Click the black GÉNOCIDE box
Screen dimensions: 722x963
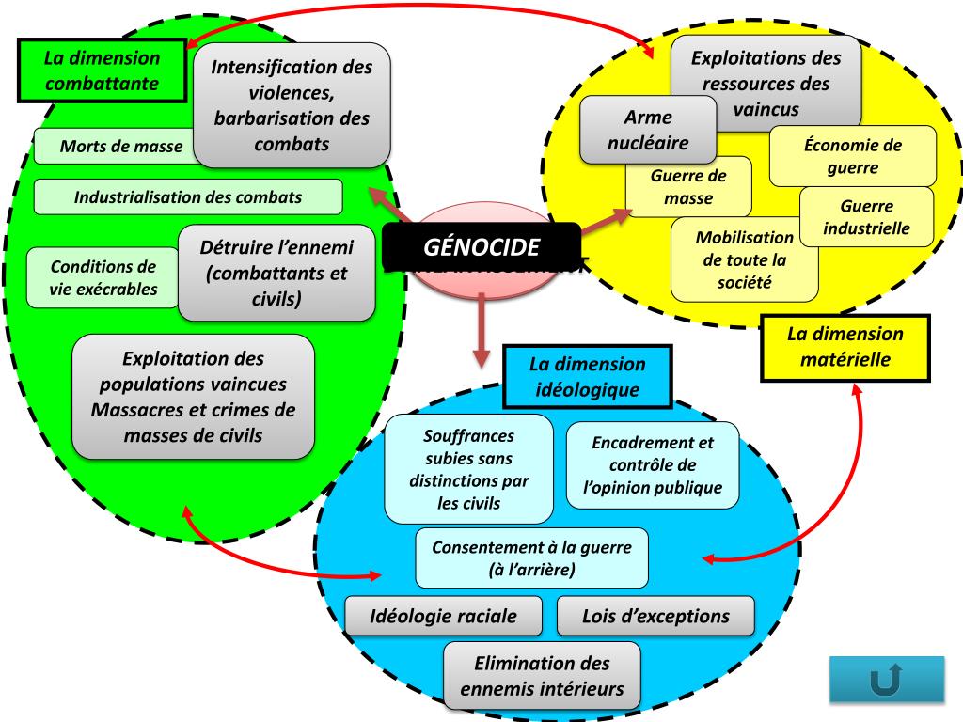coord(481,248)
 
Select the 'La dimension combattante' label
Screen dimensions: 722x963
coord(102,71)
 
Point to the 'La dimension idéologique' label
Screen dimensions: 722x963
coord(587,376)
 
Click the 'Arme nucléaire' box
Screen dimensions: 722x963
coord(648,130)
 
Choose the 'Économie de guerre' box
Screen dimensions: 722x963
coord(853,156)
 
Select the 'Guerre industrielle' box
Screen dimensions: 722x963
coord(866,217)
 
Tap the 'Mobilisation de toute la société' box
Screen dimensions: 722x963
coord(744,259)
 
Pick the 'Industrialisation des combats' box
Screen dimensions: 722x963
coord(188,197)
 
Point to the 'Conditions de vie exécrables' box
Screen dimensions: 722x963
coord(103,277)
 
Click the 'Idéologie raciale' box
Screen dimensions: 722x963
coord(444,617)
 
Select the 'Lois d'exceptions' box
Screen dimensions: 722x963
coord(655,617)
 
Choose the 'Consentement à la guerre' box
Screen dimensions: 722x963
coord(531,558)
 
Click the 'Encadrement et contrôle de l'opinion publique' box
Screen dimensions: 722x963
coord(652,465)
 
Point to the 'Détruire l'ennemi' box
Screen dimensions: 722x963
coord(276,274)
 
